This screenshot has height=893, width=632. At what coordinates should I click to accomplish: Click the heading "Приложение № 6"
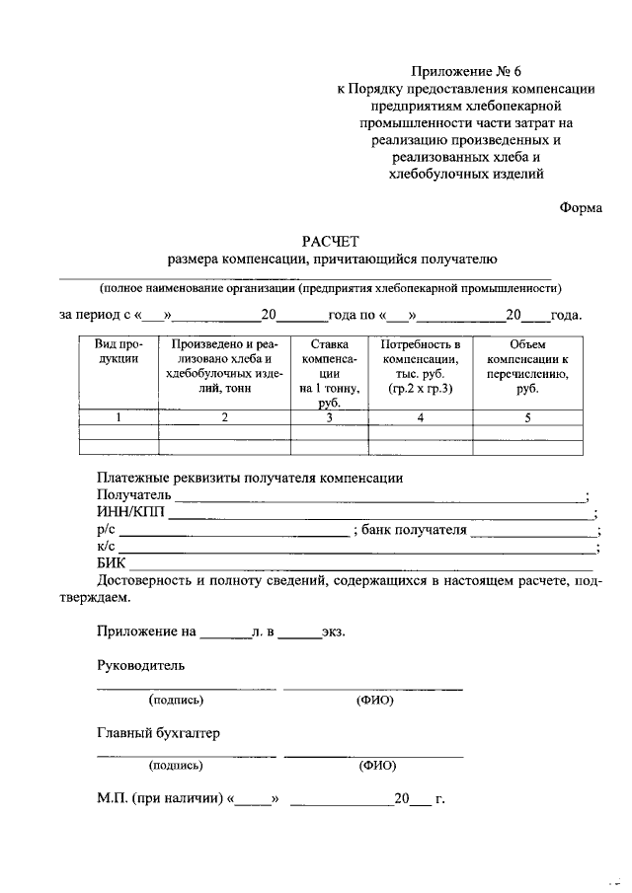click(x=471, y=71)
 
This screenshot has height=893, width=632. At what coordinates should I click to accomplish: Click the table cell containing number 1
click(x=118, y=417)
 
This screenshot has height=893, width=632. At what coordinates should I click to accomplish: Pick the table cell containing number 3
click(x=330, y=417)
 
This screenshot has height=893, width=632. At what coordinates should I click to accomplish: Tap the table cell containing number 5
click(x=527, y=417)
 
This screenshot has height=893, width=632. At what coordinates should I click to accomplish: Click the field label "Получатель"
click(x=134, y=494)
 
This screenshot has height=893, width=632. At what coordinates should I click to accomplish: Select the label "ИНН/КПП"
click(x=131, y=512)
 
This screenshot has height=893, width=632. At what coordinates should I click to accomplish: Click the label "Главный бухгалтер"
click(x=158, y=734)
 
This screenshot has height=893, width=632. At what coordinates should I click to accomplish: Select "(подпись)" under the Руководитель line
click(x=176, y=701)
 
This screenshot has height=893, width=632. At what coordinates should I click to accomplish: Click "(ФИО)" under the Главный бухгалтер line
click(x=374, y=764)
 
